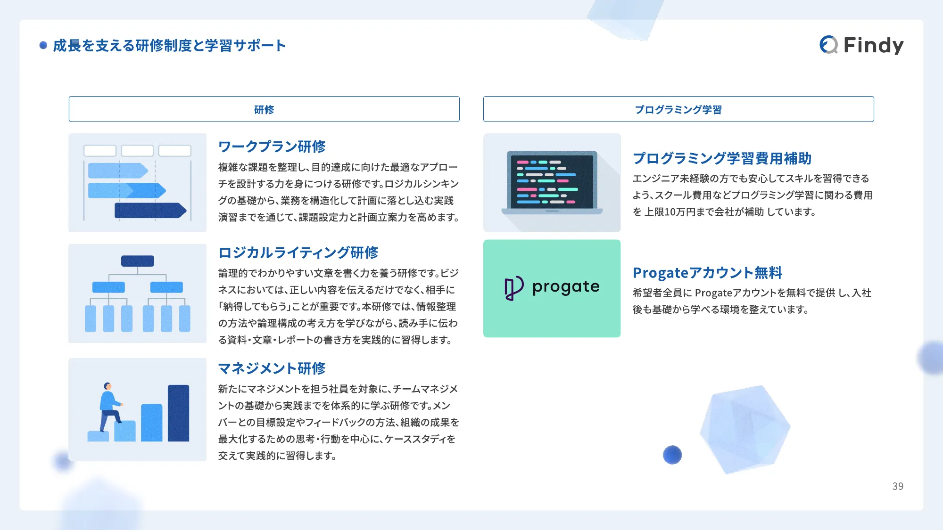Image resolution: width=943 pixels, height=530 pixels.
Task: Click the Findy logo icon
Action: pos(828,45)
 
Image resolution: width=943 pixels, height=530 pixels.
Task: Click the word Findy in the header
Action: pos(873,45)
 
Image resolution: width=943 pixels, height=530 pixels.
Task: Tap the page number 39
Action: pos(898,486)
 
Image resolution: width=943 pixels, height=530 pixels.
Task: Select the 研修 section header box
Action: pos(264,109)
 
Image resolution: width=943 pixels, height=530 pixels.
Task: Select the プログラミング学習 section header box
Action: pos(678,109)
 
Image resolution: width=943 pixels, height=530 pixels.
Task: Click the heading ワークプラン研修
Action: pos(272,147)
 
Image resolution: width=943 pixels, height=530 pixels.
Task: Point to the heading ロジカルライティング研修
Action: pos(298,253)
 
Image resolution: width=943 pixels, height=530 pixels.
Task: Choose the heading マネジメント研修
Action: pos(272,368)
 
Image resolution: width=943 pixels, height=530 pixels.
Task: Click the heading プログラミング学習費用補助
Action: pos(722,158)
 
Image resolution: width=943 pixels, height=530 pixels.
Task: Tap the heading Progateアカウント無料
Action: pos(707,273)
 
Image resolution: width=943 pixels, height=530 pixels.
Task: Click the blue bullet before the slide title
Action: pos(43,45)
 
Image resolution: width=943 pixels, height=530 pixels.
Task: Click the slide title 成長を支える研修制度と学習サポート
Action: pos(169,46)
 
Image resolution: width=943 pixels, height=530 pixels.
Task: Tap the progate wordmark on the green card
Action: pos(566,287)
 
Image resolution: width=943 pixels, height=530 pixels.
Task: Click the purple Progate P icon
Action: pos(513,288)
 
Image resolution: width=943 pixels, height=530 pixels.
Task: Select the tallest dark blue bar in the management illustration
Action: pos(178,413)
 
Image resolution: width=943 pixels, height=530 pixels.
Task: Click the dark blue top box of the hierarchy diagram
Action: pos(137,261)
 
